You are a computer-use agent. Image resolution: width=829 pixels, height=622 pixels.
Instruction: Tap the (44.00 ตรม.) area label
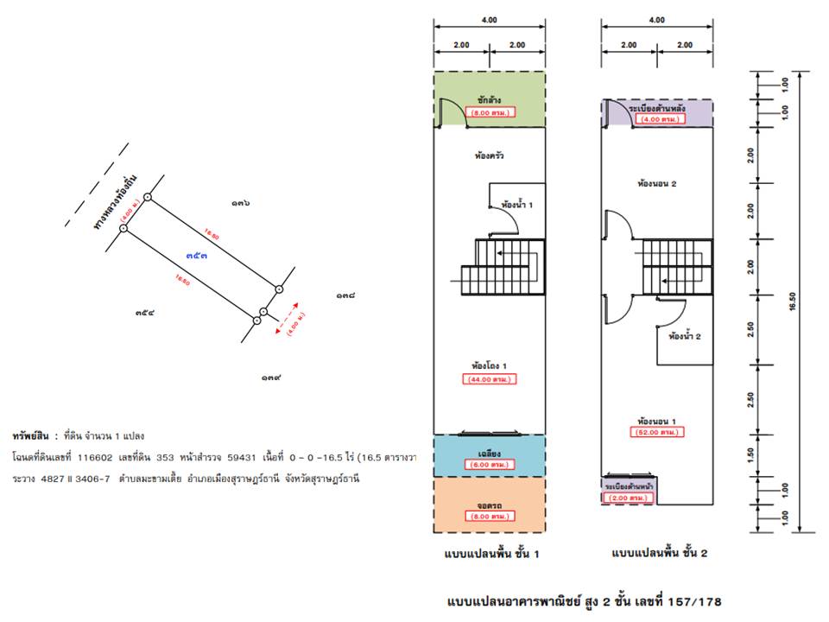pos(490,379)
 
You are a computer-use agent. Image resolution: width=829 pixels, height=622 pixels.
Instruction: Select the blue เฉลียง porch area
pos(490,457)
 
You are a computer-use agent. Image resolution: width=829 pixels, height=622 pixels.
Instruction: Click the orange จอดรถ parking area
pos(490,510)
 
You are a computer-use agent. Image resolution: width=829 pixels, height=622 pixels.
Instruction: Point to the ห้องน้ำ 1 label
pos(517,206)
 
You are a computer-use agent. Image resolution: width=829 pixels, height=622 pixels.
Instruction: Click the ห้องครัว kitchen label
pos(490,157)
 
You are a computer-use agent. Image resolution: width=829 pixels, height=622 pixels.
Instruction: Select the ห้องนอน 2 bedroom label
pos(656,183)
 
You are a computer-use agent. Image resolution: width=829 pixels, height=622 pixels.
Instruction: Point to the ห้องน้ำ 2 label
pos(685,337)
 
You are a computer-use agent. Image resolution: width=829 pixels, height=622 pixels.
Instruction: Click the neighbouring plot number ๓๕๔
pos(144,313)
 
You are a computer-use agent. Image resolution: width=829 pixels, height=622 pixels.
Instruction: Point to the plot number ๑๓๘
pos(345,296)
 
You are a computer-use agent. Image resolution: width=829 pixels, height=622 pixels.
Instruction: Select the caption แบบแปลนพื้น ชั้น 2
pos(659,554)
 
